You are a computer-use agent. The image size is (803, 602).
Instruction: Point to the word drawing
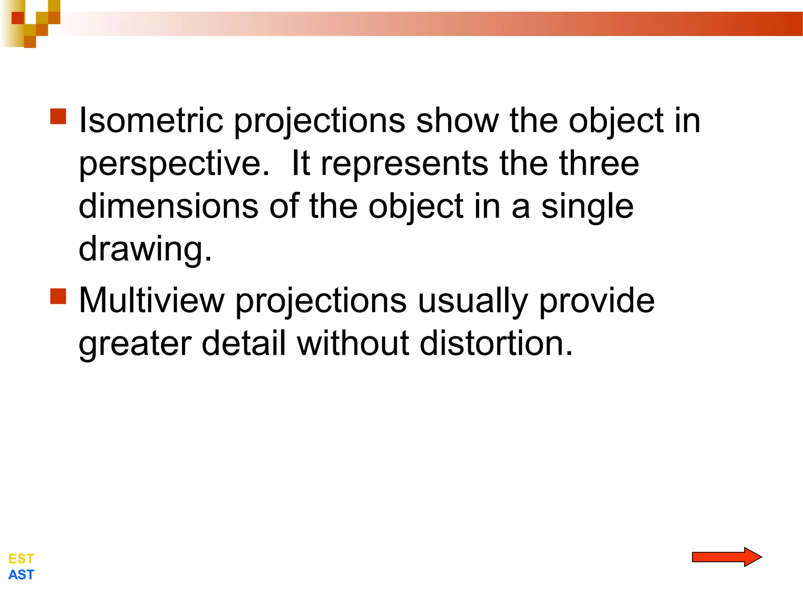coord(145,249)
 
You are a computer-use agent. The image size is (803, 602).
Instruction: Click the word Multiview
coord(152,301)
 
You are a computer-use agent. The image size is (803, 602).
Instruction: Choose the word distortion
coord(496,343)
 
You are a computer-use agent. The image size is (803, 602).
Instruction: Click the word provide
coord(597,301)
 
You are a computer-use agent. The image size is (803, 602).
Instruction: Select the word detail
coord(243,343)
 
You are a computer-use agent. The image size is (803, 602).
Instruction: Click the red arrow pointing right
coord(726,557)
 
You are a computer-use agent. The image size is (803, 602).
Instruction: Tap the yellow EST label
coord(21,558)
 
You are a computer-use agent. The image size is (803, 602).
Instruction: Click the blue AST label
coord(21,575)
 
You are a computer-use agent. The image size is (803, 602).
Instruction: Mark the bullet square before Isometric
coord(58,116)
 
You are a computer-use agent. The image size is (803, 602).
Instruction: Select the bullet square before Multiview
coord(58,296)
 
